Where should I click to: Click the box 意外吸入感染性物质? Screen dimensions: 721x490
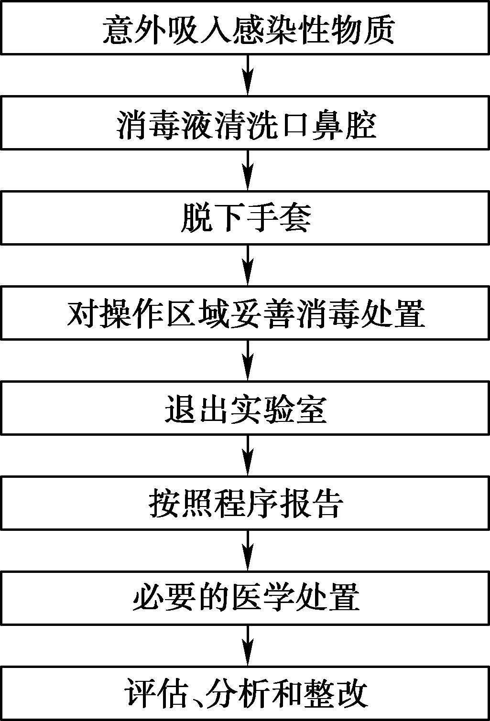coord(245,29)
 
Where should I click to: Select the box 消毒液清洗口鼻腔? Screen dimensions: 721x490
coord(245,123)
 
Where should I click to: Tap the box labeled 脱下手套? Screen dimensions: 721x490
coord(245,218)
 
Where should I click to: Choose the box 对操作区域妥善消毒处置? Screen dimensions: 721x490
coord(245,313)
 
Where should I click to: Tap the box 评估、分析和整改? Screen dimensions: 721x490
coord(245,693)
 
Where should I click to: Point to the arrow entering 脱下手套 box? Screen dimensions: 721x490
coord(247,170)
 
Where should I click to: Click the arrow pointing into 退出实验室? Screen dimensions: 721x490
coord(247,360)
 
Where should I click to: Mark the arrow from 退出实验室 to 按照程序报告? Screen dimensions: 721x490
coord(247,455)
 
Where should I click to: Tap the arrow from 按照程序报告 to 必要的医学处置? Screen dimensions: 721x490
coord(247,549)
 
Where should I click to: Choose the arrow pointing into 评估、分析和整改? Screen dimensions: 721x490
coord(247,645)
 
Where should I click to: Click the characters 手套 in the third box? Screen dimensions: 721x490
coord(279,218)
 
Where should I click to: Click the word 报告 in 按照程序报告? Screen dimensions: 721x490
coord(312,503)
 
